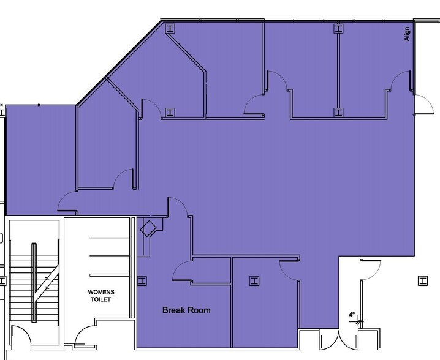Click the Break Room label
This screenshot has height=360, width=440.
186,310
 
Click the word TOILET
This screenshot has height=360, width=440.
101,300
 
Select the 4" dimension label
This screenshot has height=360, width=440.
352,315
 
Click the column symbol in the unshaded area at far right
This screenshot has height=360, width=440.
422,280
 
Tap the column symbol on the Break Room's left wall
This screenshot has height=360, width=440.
143,280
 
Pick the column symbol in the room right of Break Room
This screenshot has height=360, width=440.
252,281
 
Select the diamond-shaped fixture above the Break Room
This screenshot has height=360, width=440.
149,230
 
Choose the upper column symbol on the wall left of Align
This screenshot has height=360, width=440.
338,28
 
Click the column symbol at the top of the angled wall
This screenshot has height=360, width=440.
170,28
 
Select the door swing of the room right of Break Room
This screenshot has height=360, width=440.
289,268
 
